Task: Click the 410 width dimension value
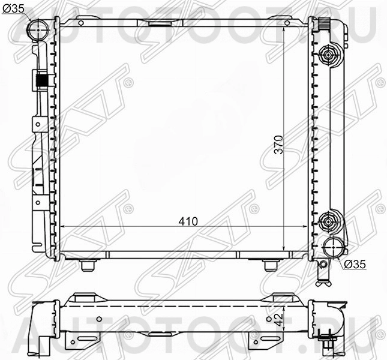coord(188,221)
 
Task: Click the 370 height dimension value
coord(279,145)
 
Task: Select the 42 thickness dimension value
coord(279,320)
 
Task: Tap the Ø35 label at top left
coord(13,9)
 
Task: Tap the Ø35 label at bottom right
coord(355,265)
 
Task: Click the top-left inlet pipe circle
coord(39,29)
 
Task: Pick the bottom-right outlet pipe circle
coord(333,247)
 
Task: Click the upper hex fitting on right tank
coord(328,55)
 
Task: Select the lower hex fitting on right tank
coord(328,223)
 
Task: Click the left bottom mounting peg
coord(88,265)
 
